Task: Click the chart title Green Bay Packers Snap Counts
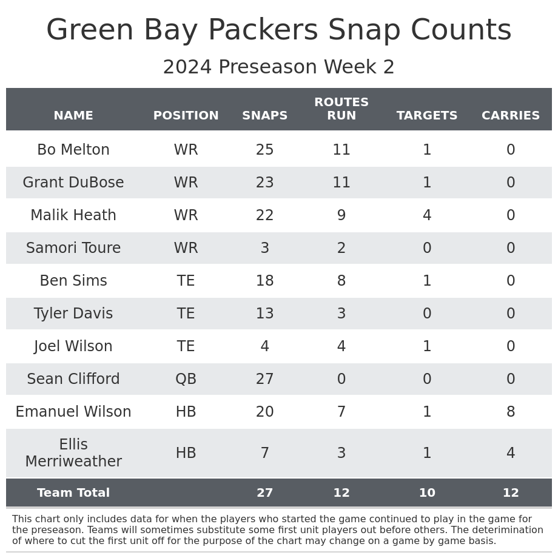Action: (x=279, y=30)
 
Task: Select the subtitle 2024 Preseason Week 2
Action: (x=279, y=67)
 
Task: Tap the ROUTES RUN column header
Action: (x=341, y=109)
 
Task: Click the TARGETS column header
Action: (x=427, y=116)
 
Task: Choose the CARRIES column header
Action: (x=511, y=116)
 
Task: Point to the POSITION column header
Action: (x=186, y=116)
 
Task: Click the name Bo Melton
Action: (x=73, y=150)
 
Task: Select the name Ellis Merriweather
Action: (x=73, y=453)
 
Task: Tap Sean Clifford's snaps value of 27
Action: (x=265, y=379)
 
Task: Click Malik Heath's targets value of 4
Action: (x=427, y=215)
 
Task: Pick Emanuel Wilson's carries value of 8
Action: (x=511, y=412)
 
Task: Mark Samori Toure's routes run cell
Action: (x=341, y=248)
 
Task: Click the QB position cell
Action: (x=186, y=379)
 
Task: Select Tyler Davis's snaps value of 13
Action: (x=265, y=314)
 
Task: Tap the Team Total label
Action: (x=73, y=493)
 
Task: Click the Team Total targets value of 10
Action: (x=427, y=493)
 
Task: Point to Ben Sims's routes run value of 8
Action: (x=341, y=281)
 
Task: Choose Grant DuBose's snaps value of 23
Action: (x=265, y=183)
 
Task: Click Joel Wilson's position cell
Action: (x=186, y=346)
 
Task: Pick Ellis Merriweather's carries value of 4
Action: (x=511, y=453)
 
